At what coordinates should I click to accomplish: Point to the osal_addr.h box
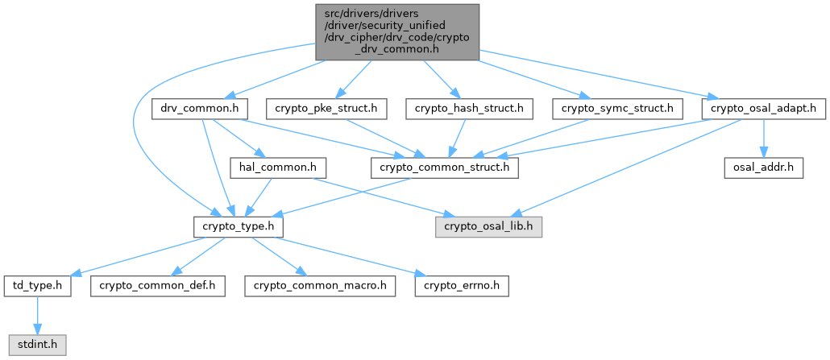(x=763, y=168)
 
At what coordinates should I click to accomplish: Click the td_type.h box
(x=37, y=286)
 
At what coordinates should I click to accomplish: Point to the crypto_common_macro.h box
(x=321, y=286)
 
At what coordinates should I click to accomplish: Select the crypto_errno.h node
(x=461, y=286)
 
